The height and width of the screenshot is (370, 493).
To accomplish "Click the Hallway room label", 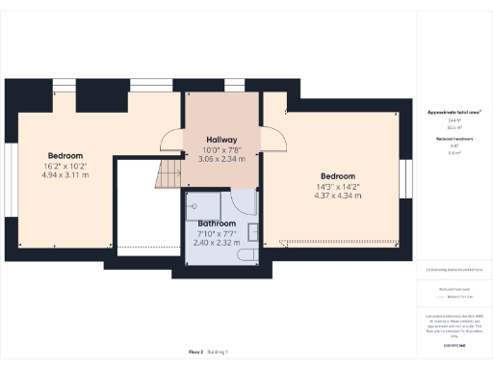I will coord(221,139).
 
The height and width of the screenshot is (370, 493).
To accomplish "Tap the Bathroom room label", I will coord(221,224).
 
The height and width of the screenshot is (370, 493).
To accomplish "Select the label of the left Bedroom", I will coord(65,155).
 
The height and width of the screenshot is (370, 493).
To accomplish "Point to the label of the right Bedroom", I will coord(338,176).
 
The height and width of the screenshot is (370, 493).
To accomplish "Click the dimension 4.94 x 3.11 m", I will coord(65,175).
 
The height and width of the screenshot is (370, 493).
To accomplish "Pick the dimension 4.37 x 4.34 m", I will coord(338,196).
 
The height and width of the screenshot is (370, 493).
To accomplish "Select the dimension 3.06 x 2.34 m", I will coord(221,159).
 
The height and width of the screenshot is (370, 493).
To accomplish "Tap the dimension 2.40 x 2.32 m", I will coord(221,243).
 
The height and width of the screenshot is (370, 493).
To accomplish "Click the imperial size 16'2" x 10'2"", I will coord(65,166).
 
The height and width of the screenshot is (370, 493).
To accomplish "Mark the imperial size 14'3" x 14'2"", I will coord(338,186).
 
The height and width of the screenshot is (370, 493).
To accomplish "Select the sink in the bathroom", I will coord(252,231).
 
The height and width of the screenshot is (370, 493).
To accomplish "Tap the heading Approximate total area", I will coord(454,113).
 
